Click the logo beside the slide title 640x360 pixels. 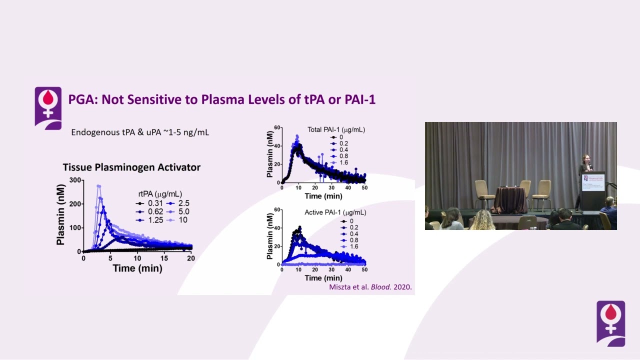(48, 107)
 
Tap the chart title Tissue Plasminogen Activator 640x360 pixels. (131, 167)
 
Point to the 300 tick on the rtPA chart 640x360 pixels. (75, 180)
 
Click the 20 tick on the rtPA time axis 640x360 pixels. (190, 258)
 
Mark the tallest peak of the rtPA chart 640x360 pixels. (98, 186)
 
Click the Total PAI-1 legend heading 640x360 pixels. (336, 129)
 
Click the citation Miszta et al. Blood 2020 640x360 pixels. (370, 287)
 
